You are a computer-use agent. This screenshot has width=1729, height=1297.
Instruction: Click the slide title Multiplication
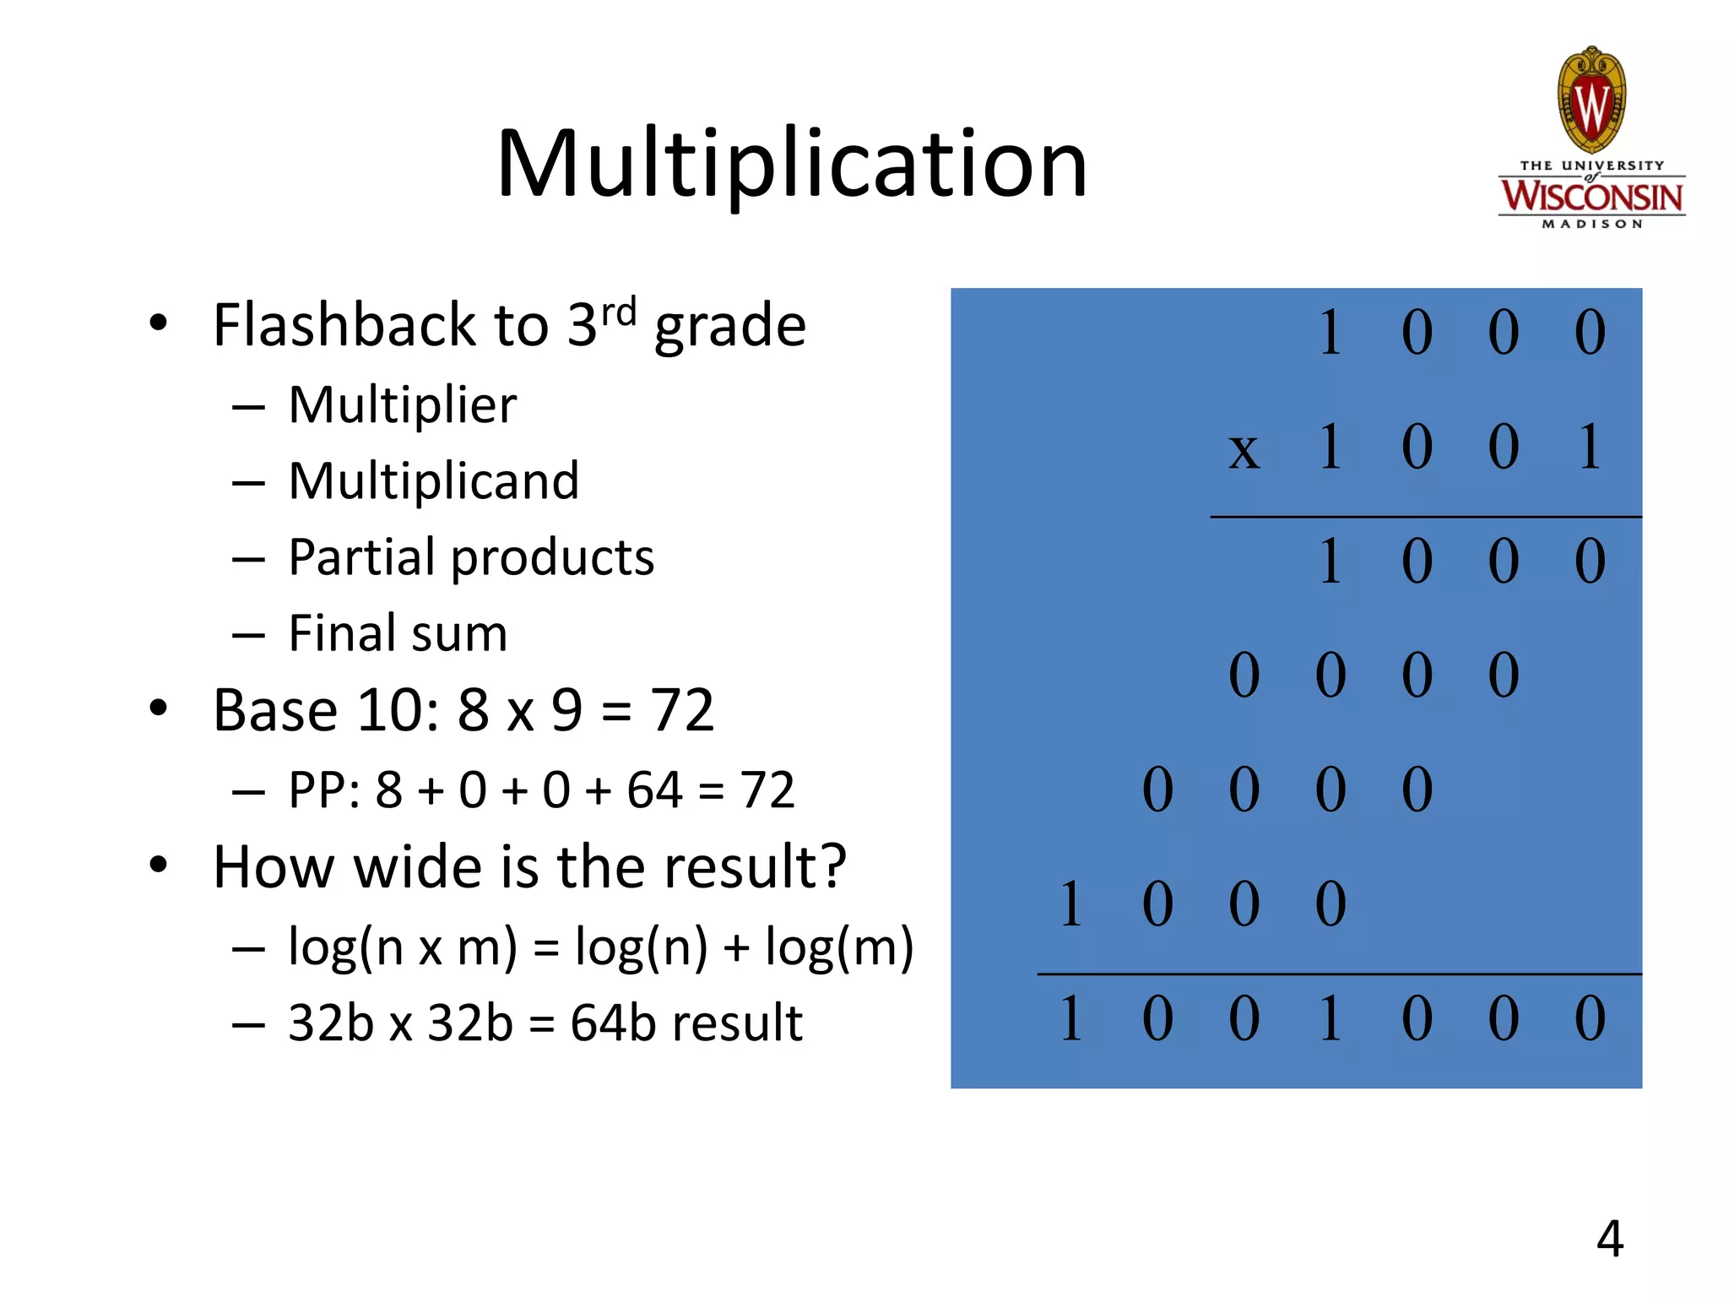click(x=792, y=164)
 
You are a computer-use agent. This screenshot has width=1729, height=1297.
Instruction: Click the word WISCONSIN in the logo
click(x=1591, y=197)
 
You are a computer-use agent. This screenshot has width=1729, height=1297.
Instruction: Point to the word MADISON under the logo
click(x=1591, y=225)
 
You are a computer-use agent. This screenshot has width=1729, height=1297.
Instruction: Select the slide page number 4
click(x=1610, y=1239)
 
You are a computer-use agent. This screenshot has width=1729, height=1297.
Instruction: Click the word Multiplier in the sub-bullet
click(x=402, y=405)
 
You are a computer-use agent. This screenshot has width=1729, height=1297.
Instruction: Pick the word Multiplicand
click(x=434, y=481)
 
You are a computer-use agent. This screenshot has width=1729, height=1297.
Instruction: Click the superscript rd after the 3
click(x=619, y=312)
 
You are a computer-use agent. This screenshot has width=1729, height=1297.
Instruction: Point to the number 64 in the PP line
click(x=654, y=790)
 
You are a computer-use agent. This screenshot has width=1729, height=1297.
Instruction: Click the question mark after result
click(x=832, y=866)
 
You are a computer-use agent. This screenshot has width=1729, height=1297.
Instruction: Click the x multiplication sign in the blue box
click(x=1244, y=450)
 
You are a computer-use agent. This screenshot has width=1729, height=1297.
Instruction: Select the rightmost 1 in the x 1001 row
click(x=1589, y=447)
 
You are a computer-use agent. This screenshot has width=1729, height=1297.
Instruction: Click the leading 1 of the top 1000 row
click(x=1330, y=333)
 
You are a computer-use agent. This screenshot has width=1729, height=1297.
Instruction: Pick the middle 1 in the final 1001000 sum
click(x=1330, y=1018)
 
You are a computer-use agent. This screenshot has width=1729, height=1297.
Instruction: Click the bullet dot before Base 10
click(x=158, y=708)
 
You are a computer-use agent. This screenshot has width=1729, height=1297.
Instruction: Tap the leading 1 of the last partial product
click(x=1070, y=904)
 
